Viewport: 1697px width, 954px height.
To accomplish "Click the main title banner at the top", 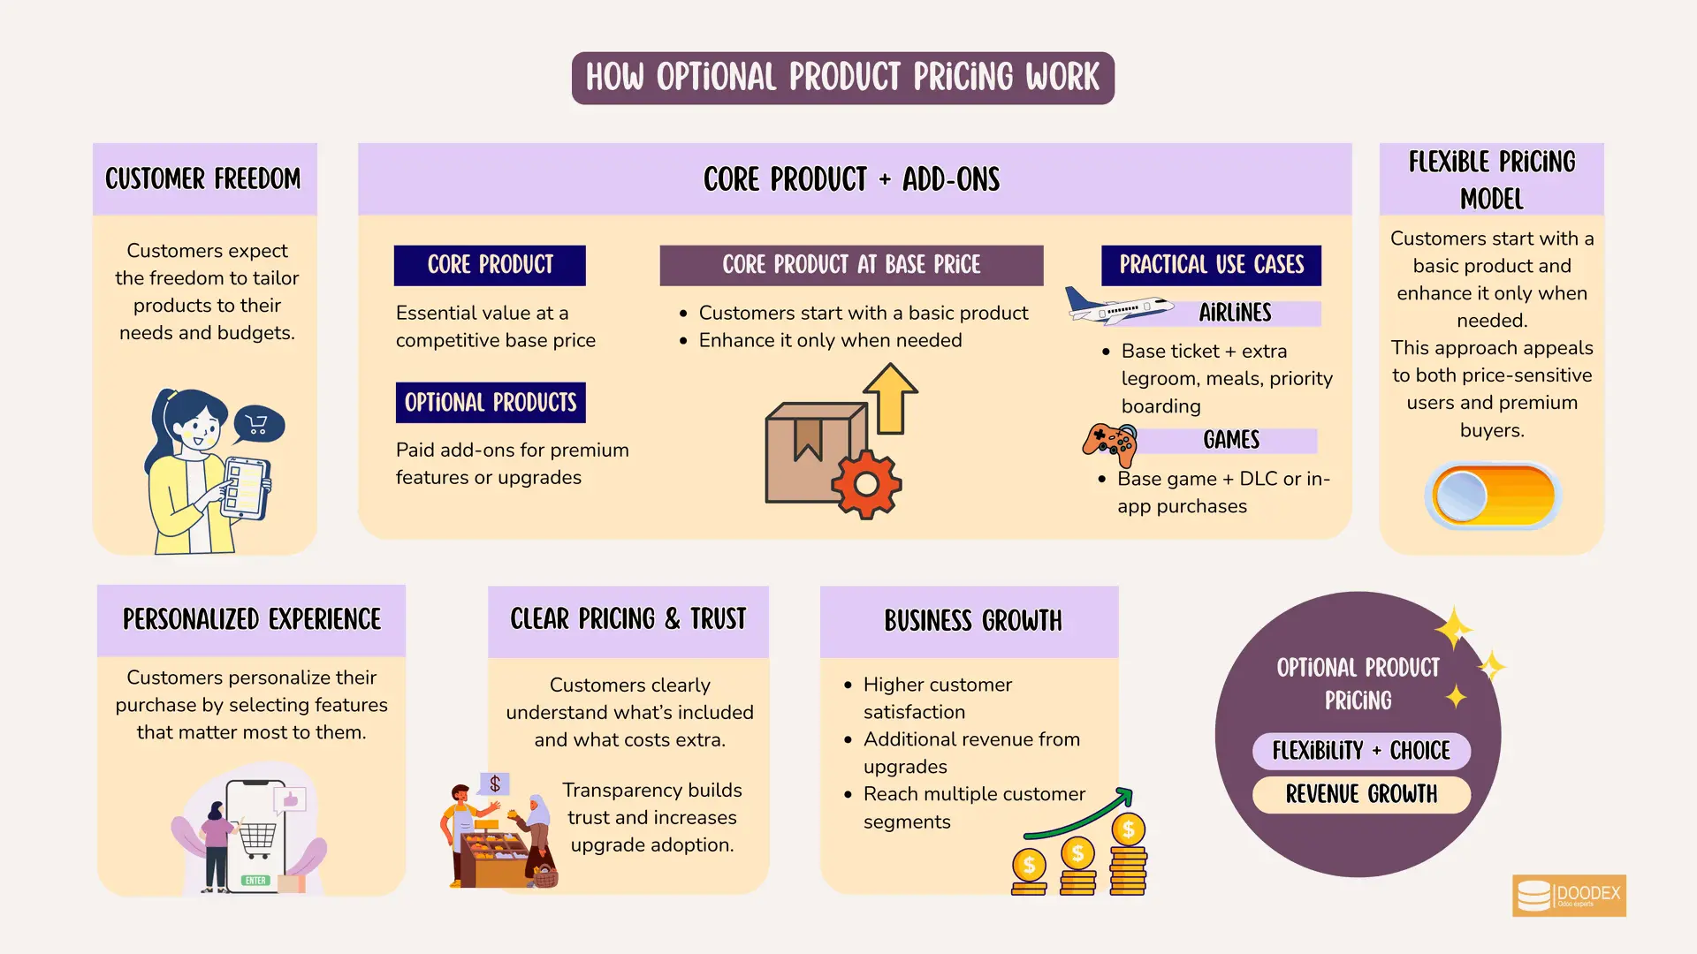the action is (x=842, y=78).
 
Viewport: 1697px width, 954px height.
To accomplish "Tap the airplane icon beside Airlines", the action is (x=1118, y=306).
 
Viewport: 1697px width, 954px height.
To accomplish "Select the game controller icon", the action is (x=1110, y=444).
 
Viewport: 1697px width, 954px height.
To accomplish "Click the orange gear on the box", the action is (x=866, y=484).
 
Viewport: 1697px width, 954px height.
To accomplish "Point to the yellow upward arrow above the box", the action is (x=890, y=398).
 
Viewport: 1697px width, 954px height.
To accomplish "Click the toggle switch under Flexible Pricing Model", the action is (x=1492, y=496).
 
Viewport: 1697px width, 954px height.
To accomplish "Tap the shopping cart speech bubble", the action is (x=258, y=425).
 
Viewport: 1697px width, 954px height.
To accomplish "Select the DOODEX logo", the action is (x=1569, y=896).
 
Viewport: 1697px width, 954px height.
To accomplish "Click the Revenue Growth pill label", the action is (x=1361, y=794).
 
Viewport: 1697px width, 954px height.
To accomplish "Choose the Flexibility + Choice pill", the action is (x=1361, y=751).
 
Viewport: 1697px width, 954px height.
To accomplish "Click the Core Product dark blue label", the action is (x=490, y=265).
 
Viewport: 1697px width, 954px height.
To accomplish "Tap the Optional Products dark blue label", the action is (x=491, y=403).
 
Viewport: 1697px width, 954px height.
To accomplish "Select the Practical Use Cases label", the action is (x=1211, y=265).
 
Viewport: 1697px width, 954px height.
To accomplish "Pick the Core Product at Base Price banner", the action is (x=851, y=265).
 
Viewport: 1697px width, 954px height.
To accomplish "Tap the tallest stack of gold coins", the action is (x=1128, y=855).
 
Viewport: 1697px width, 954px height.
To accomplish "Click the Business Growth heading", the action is (x=972, y=620).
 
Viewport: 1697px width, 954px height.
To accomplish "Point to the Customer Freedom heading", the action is (x=203, y=178).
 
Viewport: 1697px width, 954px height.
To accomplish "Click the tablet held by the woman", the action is (x=245, y=488).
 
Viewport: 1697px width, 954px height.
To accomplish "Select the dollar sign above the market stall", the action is (x=495, y=784).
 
